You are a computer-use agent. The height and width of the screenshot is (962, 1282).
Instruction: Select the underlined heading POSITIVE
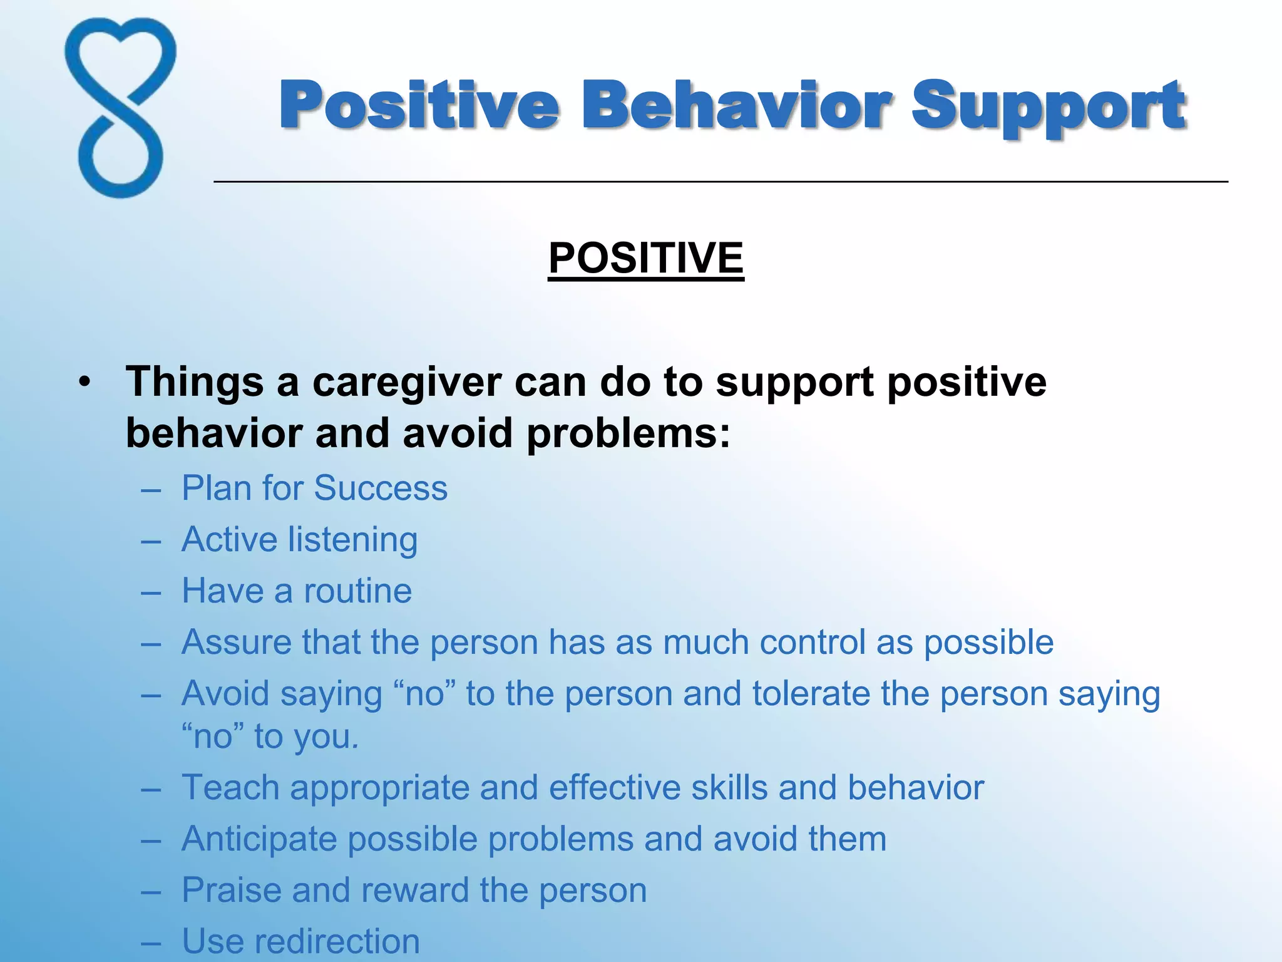tap(646, 258)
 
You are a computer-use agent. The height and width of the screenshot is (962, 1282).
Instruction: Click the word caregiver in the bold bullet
tap(407, 382)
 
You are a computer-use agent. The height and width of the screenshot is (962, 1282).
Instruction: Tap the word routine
tap(357, 591)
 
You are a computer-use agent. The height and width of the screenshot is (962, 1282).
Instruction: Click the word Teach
tap(230, 787)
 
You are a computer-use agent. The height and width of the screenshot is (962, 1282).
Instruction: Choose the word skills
tap(729, 787)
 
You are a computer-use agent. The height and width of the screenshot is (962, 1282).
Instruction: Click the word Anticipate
tap(259, 839)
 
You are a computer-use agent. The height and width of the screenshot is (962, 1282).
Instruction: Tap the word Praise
tap(231, 890)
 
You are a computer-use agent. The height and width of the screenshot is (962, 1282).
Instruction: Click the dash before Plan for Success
tap(151, 489)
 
